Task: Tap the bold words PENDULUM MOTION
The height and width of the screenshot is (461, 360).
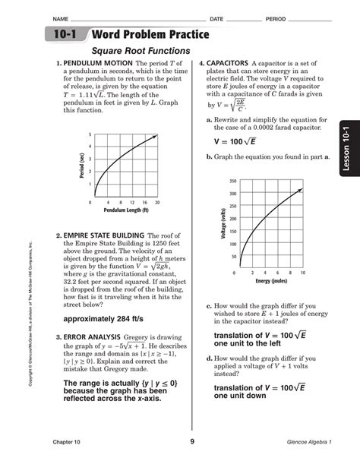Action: (x=87, y=63)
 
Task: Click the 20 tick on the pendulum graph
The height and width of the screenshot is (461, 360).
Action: (x=158, y=203)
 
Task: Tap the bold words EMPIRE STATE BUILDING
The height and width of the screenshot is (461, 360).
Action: (x=103, y=236)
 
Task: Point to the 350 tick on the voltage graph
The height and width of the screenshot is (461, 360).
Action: (x=232, y=182)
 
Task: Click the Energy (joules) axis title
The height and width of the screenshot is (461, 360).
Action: (x=275, y=281)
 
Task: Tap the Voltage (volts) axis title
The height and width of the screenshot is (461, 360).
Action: (x=224, y=226)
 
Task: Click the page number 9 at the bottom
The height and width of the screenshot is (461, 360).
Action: (x=192, y=441)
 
